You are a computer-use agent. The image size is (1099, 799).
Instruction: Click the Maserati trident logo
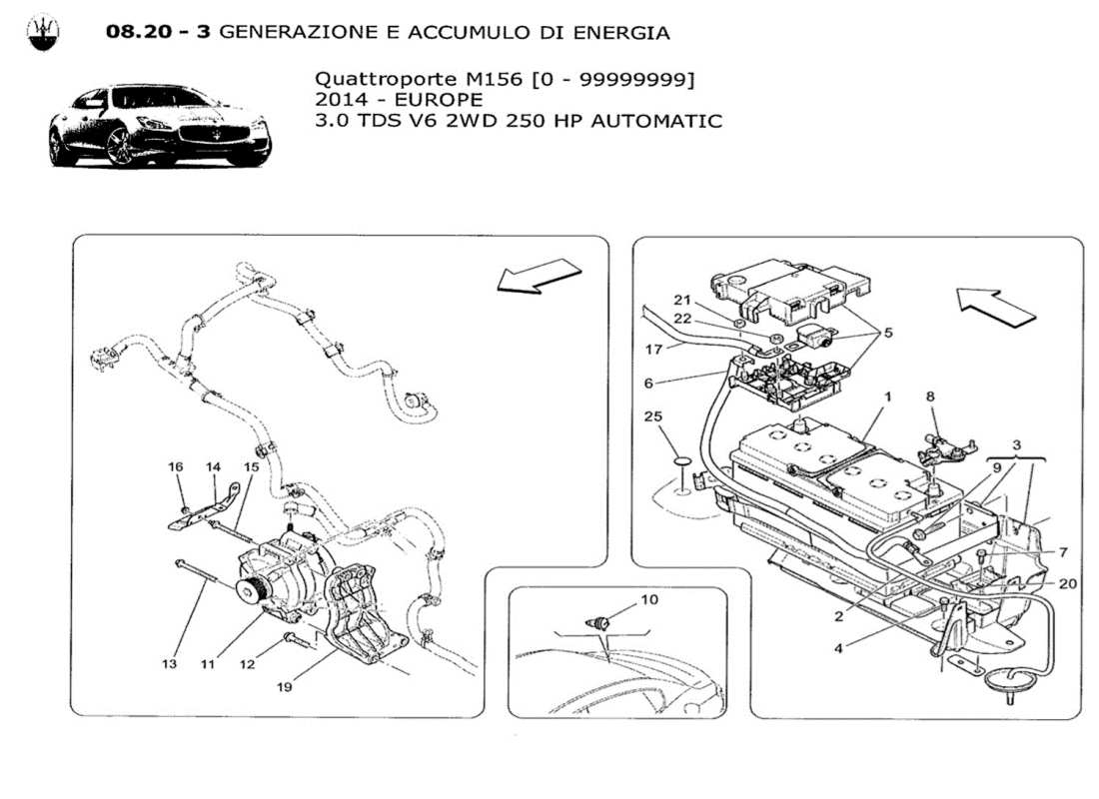click(x=42, y=33)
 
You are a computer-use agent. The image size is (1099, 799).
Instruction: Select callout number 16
click(x=176, y=467)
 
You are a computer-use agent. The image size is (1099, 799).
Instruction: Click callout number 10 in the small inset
click(x=649, y=601)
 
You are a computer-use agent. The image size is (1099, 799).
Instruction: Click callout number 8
click(x=931, y=397)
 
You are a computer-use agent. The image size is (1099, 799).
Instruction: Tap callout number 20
click(x=1066, y=585)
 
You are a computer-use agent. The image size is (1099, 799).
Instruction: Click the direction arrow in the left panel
click(x=539, y=276)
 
